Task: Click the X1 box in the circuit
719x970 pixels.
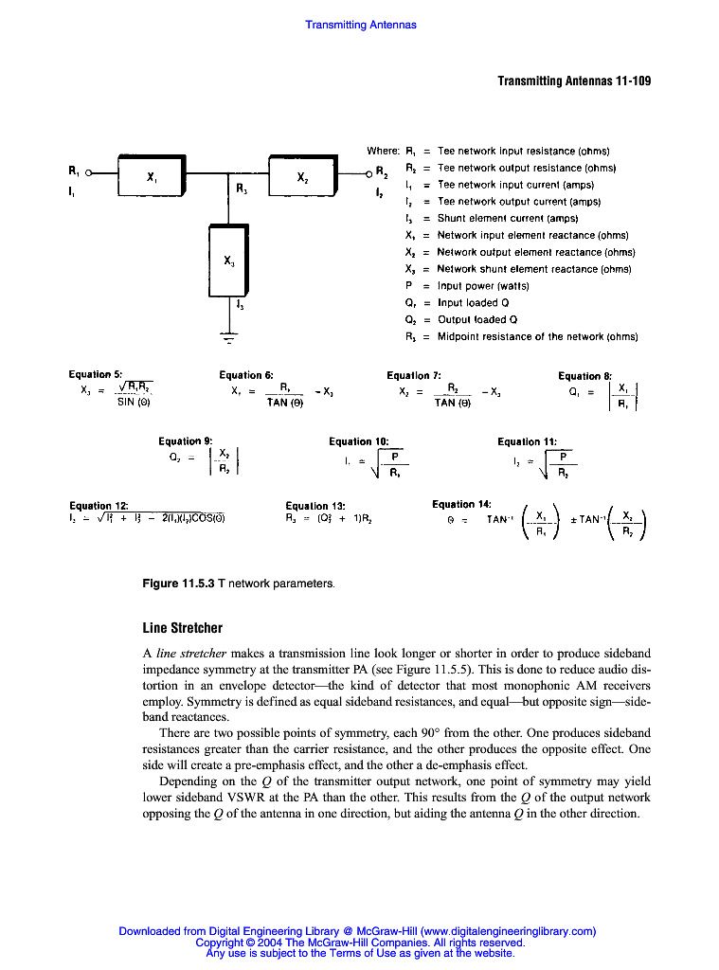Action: (151, 176)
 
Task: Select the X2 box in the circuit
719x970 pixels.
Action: (302, 176)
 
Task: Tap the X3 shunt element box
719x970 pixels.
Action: (228, 260)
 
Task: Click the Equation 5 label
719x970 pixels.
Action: (96, 375)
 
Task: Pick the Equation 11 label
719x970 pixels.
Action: (527, 441)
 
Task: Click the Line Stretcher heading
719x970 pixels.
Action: (183, 627)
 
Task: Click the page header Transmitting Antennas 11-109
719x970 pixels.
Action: (574, 81)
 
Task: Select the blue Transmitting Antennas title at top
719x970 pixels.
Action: (360, 25)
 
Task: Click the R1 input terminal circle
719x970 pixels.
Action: (89, 172)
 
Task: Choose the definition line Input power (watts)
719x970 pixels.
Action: (483, 286)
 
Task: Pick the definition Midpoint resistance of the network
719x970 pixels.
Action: (537, 336)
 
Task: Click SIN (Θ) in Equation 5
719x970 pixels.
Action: (133, 403)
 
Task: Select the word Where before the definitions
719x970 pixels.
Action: (383, 151)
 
